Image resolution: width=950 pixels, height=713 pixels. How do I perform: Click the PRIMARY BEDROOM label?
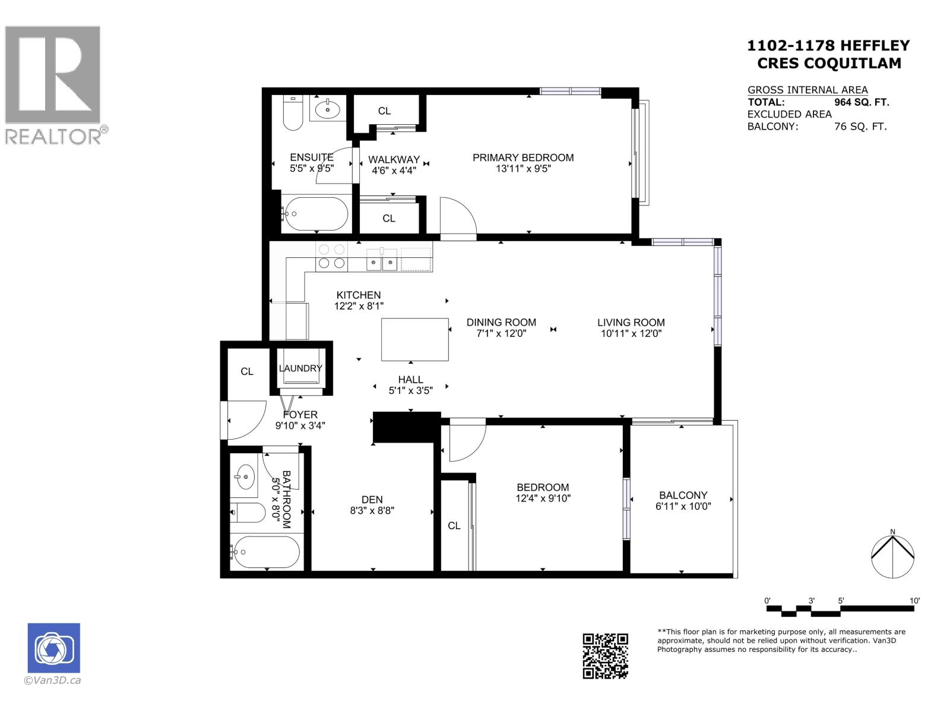click(522, 157)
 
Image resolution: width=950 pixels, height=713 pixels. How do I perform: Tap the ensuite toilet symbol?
click(293, 114)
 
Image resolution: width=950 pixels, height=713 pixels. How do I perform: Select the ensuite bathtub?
click(315, 214)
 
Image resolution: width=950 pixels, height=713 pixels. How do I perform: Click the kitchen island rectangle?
click(414, 339)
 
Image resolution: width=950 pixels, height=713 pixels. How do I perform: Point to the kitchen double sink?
click(382, 261)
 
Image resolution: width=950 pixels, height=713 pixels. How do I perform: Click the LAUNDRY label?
click(300, 368)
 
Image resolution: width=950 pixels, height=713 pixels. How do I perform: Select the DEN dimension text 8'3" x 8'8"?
click(372, 510)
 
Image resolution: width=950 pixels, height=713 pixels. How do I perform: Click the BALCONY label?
click(683, 495)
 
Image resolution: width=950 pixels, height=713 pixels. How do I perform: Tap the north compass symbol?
click(892, 556)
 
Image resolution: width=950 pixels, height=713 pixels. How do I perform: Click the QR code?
click(605, 656)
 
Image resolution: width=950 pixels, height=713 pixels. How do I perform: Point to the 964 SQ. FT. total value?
click(862, 102)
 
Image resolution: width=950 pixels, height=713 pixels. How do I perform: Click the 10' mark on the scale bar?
click(914, 601)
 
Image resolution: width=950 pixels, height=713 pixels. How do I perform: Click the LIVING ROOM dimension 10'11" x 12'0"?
click(631, 333)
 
